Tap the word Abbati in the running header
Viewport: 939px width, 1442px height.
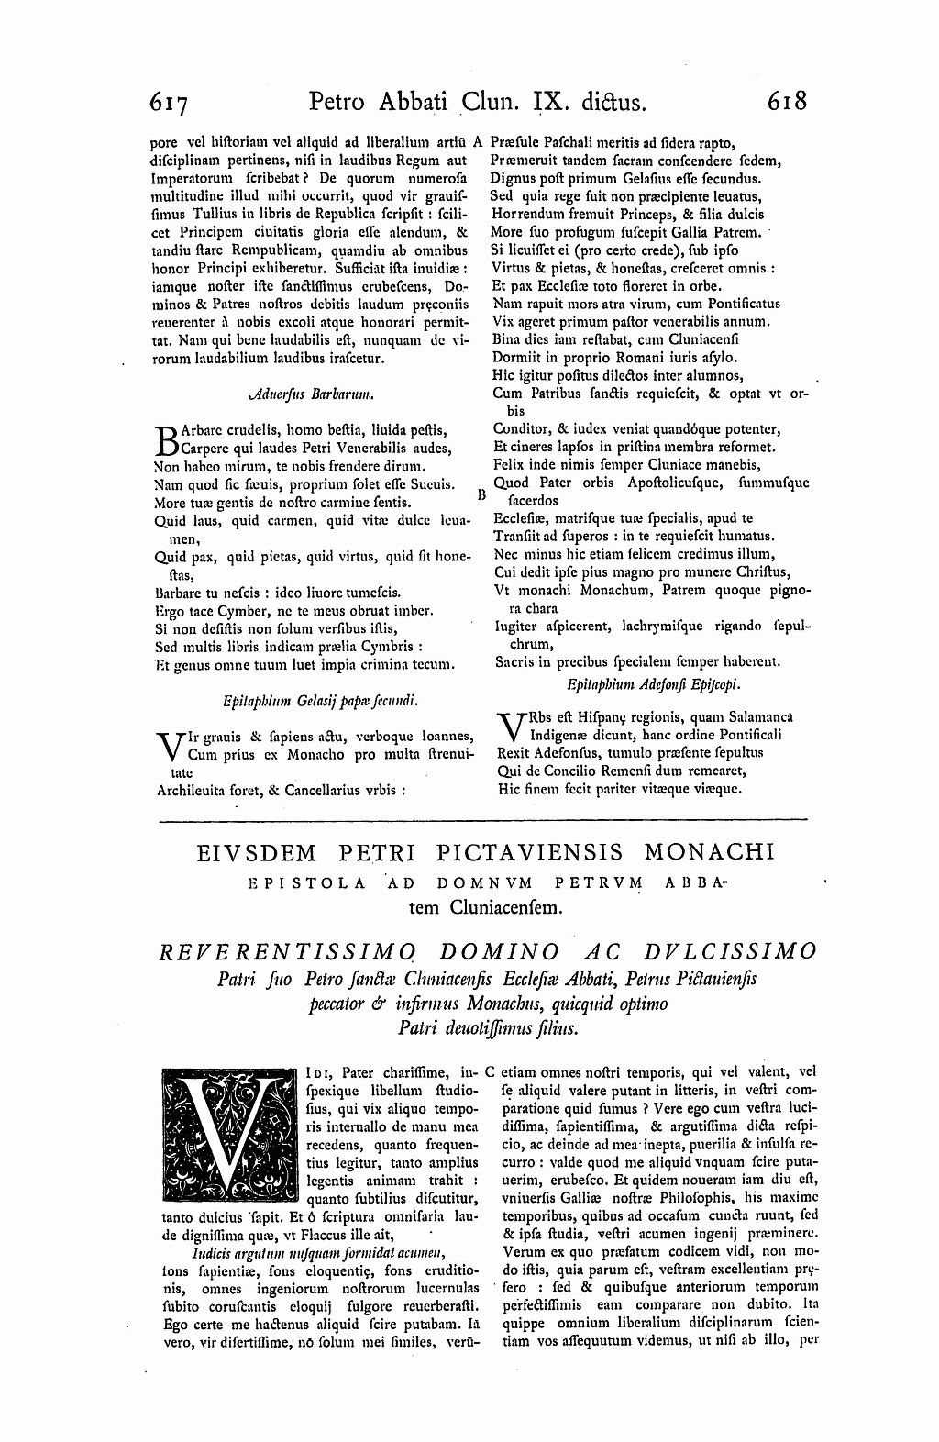coord(403,101)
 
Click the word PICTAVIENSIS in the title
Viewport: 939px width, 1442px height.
coord(531,853)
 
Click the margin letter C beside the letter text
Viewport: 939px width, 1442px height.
coord(492,1070)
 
